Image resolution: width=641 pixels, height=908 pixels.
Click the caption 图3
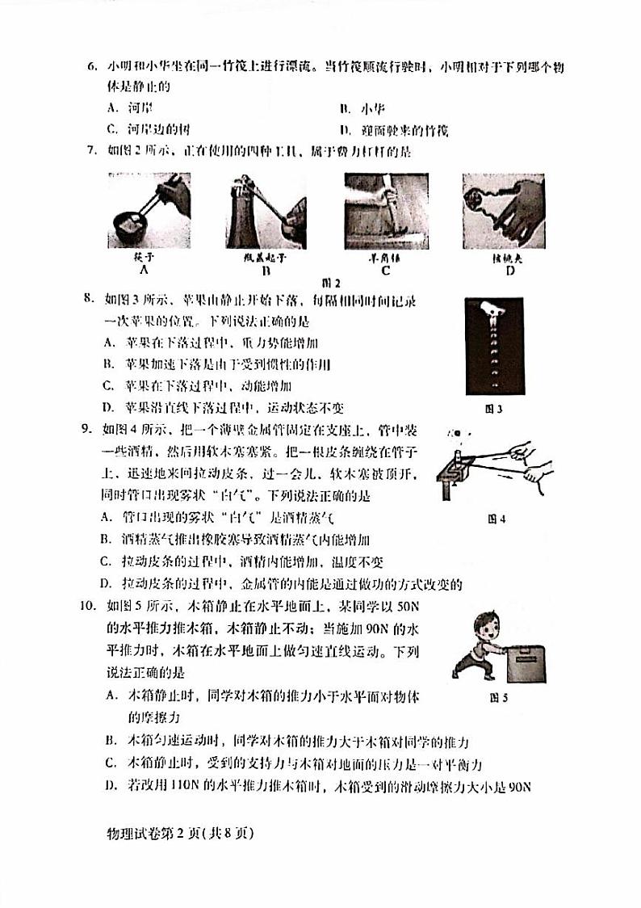click(x=493, y=410)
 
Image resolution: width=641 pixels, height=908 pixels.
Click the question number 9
click(x=91, y=429)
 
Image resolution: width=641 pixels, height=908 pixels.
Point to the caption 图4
click(x=497, y=519)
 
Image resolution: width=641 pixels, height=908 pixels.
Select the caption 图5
click(x=498, y=699)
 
